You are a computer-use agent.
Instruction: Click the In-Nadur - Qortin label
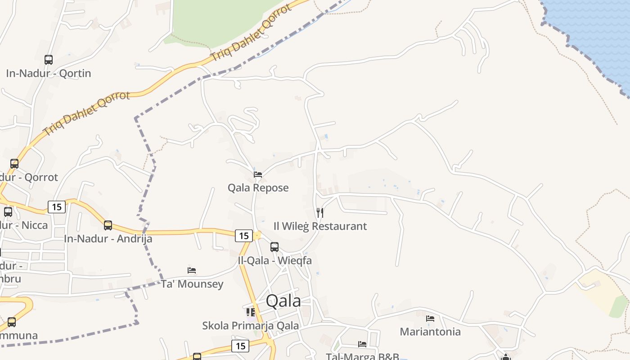[49, 73]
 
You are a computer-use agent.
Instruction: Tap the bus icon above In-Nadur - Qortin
[49, 59]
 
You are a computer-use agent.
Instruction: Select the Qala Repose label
[258, 188]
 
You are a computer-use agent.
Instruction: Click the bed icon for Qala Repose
[258, 175]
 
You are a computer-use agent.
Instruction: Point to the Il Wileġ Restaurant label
[320, 226]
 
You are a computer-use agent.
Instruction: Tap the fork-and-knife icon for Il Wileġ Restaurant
[320, 212]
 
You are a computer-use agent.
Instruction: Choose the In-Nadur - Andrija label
[108, 238]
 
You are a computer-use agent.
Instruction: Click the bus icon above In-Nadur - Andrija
[108, 225]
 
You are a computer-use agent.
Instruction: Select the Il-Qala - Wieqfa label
[275, 260]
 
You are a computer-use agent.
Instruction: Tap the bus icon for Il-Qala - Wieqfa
[274, 247]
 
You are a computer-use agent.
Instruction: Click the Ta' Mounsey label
[192, 284]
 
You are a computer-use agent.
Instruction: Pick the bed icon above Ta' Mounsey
[192, 270]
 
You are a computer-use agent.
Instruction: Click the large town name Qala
[283, 301]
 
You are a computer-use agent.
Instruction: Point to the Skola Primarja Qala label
[250, 325]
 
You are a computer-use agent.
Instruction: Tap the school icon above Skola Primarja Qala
[251, 312]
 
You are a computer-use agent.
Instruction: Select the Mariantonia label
[430, 332]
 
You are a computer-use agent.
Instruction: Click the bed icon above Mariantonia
[430, 319]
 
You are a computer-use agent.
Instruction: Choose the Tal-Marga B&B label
[363, 356]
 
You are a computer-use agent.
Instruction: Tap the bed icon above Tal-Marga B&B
[362, 344]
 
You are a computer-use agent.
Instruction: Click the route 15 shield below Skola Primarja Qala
[240, 346]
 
